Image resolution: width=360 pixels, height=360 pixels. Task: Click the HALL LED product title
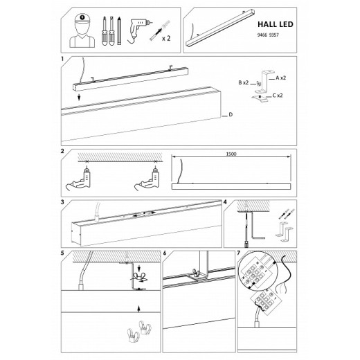[275, 24]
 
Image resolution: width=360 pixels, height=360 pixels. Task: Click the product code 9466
[262, 35]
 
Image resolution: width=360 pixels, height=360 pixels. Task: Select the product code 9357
[274, 35]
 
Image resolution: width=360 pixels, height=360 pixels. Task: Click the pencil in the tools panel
[119, 30]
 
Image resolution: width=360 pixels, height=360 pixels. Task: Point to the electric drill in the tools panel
[137, 30]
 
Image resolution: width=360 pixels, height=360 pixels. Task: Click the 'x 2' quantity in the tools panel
[166, 38]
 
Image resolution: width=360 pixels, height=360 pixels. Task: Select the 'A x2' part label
[280, 78]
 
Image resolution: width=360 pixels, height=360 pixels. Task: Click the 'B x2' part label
[244, 82]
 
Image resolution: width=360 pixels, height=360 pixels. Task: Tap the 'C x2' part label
[278, 96]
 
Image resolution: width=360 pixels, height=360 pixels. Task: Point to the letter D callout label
[231, 114]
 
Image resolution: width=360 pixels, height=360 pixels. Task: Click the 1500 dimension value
[231, 154]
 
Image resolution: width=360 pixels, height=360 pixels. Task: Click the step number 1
[62, 59]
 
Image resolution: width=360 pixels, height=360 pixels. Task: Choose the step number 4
[225, 202]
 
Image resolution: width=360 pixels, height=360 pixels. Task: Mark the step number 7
[239, 253]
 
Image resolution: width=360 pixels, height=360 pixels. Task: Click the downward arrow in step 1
[79, 97]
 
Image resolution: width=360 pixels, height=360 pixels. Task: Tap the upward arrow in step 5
[138, 309]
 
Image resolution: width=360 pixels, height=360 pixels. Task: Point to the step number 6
[165, 253]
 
